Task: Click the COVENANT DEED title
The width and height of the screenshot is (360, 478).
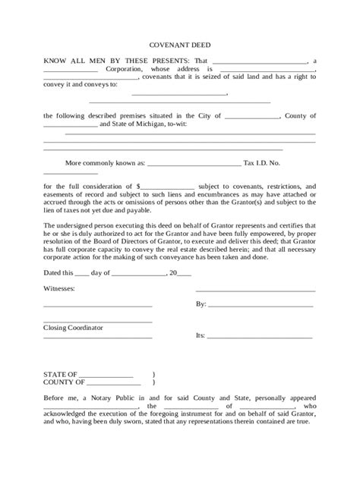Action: (x=179, y=45)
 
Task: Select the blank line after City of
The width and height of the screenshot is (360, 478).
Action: (x=252, y=116)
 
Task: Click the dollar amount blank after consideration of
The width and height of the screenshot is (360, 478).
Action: (x=168, y=185)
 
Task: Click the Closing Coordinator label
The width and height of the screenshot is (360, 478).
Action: (x=74, y=328)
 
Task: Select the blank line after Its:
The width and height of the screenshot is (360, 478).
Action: (x=260, y=335)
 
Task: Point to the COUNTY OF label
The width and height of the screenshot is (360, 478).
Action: (x=62, y=384)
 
